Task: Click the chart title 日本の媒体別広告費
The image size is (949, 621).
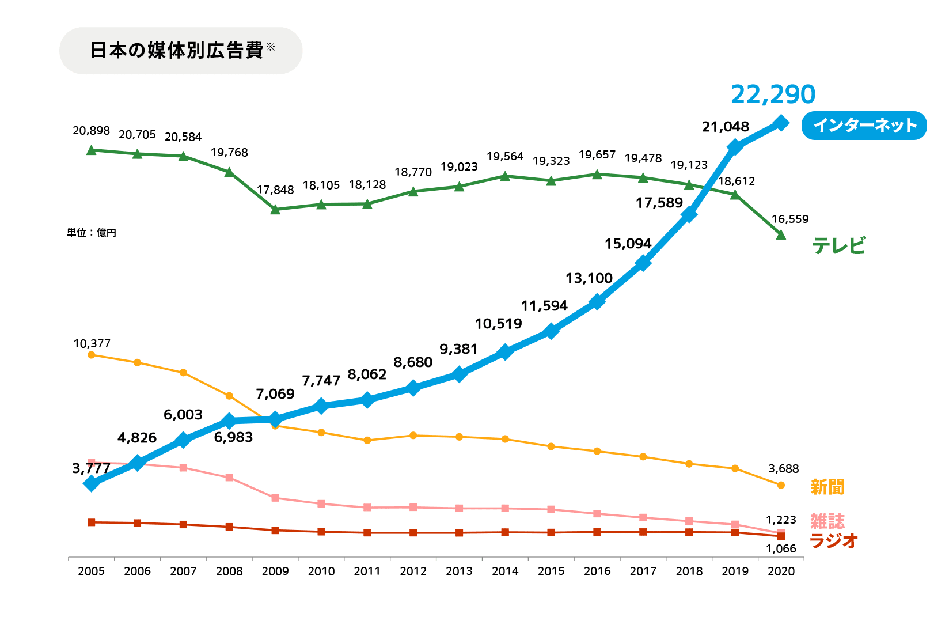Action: click(x=177, y=51)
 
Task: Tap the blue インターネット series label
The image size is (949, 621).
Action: click(x=864, y=126)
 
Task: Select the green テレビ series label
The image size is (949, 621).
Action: click(x=838, y=246)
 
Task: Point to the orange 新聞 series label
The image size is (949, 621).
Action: click(x=827, y=487)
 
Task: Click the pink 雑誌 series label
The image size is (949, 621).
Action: click(x=827, y=521)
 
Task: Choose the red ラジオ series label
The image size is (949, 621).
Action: click(x=834, y=541)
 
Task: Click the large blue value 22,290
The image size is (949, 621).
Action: click(x=773, y=94)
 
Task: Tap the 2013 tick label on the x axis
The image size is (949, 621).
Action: click(x=459, y=571)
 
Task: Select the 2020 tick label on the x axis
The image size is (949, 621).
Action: click(x=781, y=571)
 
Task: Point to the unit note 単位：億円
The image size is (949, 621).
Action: click(x=92, y=233)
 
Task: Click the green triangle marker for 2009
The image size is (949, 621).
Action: click(x=275, y=209)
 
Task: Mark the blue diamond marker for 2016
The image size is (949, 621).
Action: click(x=597, y=302)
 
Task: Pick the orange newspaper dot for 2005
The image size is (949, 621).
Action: click(x=91, y=355)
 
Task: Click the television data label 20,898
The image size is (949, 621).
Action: click(x=91, y=131)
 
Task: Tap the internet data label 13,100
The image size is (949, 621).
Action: click(x=589, y=278)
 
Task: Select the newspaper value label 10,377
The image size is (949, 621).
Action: click(x=92, y=344)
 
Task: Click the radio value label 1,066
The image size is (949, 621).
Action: click(x=781, y=549)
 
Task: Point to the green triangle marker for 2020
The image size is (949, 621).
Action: click(x=781, y=235)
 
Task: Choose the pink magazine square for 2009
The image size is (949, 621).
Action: click(x=275, y=498)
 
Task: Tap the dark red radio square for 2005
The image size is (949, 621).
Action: click(x=91, y=522)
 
